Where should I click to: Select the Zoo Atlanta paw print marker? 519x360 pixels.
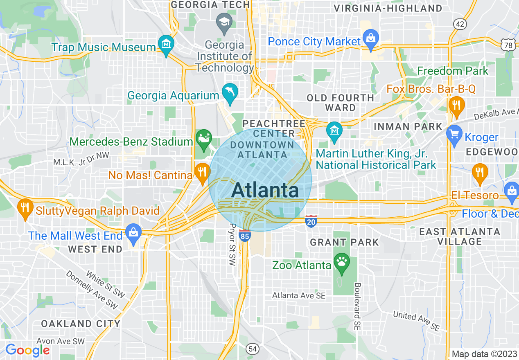point(342,261)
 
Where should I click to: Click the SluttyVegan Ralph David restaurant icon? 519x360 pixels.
point(25,207)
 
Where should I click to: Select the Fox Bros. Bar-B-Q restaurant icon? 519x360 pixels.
point(456,105)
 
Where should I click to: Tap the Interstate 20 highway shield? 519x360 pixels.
point(311,221)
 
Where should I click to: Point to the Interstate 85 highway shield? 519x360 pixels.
point(245,236)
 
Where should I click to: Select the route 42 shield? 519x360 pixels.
point(460,24)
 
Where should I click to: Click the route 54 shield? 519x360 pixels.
point(253,349)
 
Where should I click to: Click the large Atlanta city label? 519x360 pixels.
point(265,191)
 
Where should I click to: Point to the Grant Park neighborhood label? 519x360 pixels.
point(344,242)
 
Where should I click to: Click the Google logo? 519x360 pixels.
point(27,350)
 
